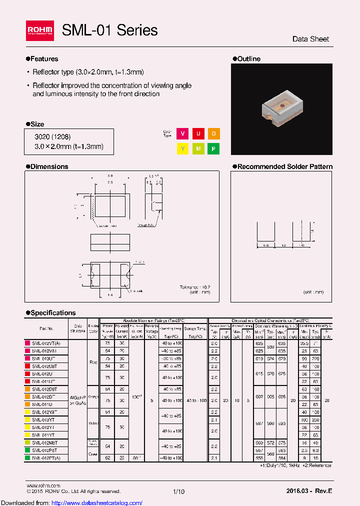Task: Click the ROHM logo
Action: coord(39,31)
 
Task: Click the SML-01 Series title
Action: coord(109,30)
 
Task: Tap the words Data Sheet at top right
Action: coord(310,39)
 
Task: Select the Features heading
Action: coord(44,59)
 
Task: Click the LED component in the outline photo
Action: coord(280,105)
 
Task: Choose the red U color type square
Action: coord(198,134)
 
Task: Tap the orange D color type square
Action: coord(213,134)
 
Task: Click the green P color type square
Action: coord(213,149)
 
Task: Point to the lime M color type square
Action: coord(198,149)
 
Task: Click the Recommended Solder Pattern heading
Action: coord(284,166)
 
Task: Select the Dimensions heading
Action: coord(49,166)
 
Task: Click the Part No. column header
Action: coord(46,328)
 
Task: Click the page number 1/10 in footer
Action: coord(178,491)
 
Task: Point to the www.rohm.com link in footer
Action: coord(43,485)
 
